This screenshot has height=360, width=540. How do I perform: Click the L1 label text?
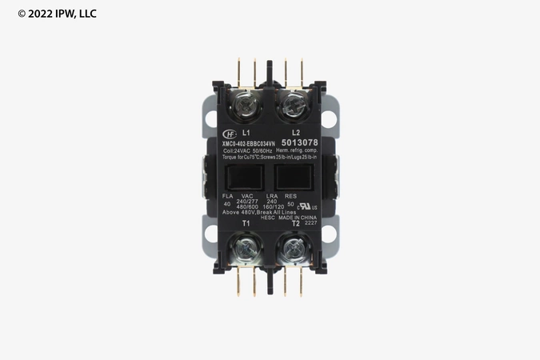(x=246, y=132)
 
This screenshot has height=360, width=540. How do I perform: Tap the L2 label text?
(x=295, y=132)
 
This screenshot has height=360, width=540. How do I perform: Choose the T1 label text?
(x=246, y=224)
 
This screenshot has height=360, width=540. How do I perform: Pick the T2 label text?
(x=295, y=224)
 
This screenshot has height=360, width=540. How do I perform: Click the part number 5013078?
(x=298, y=143)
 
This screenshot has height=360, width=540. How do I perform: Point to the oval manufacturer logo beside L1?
(x=230, y=133)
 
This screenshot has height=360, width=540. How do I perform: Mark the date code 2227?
(x=310, y=223)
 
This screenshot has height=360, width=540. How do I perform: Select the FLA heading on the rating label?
(x=228, y=196)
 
